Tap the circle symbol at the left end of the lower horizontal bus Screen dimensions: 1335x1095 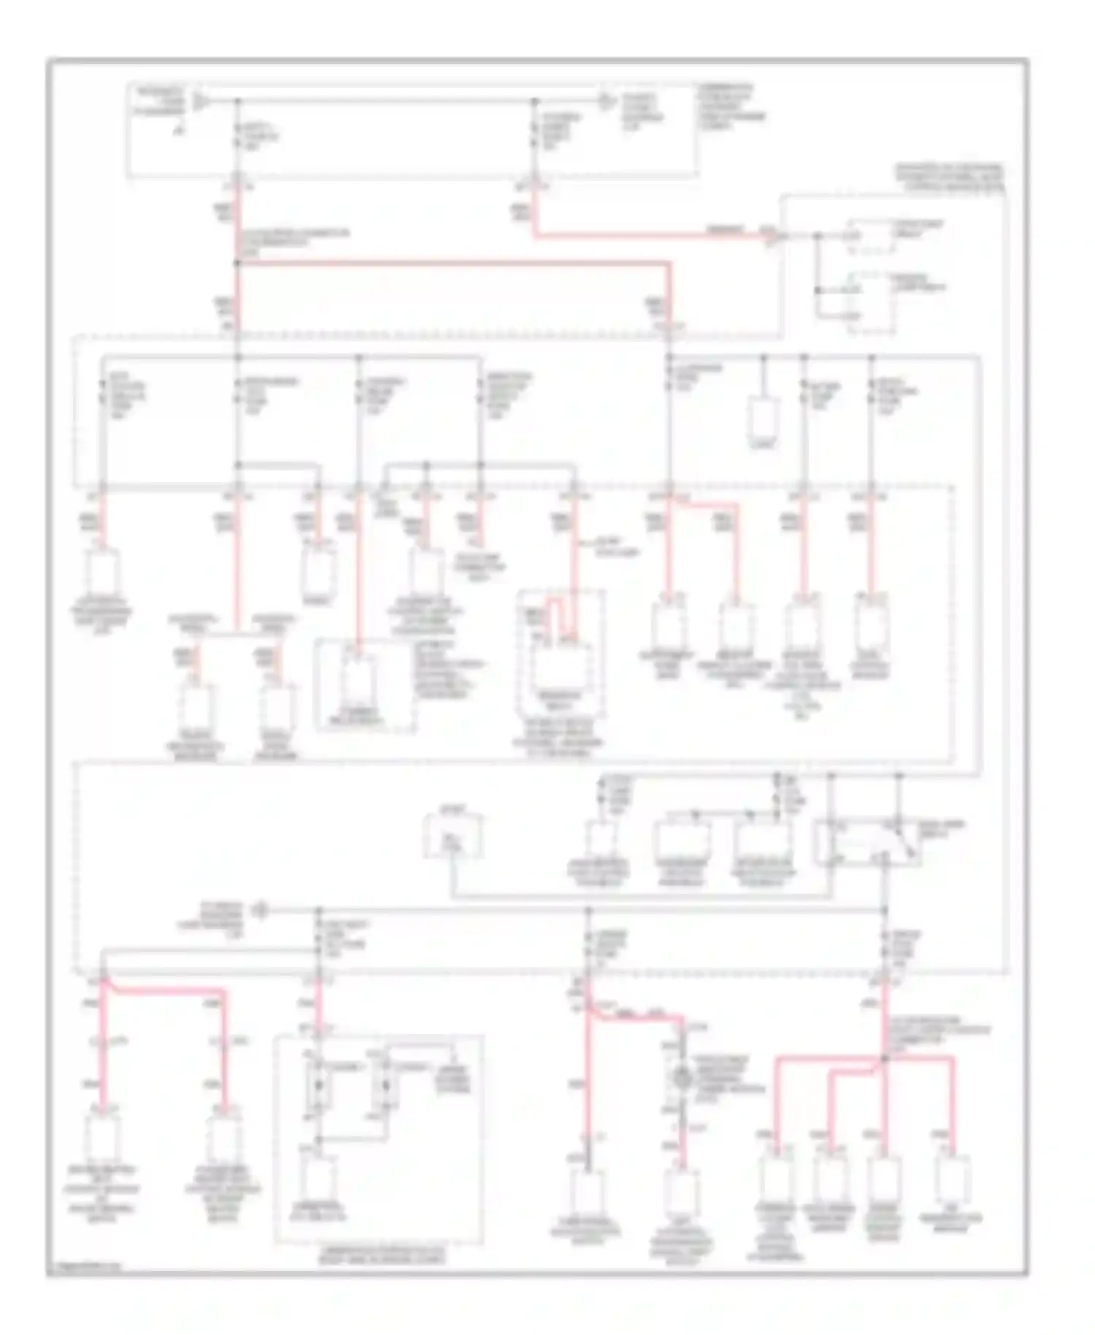(x=258, y=910)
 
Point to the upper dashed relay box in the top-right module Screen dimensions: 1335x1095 (x=870, y=237)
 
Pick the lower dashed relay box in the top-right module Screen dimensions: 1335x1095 (x=870, y=303)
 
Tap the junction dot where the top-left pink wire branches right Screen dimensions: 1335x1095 (x=237, y=262)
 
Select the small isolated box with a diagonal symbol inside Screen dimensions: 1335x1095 (x=453, y=837)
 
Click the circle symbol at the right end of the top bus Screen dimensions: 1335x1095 (x=605, y=100)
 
